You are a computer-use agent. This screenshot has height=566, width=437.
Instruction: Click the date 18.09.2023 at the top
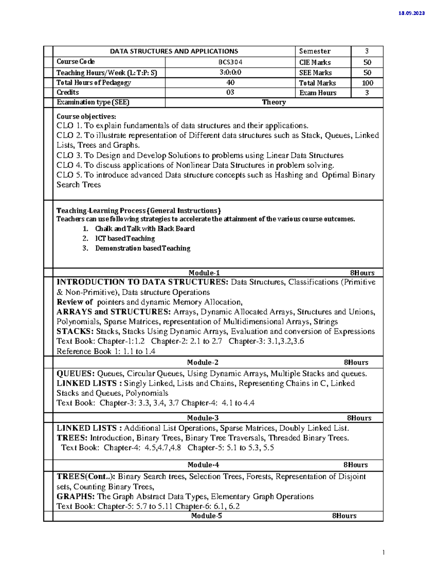412,13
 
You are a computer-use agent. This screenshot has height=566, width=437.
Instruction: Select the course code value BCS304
230,62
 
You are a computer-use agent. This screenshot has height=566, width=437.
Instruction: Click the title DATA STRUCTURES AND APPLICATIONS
174,51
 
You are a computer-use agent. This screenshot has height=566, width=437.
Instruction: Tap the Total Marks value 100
367,83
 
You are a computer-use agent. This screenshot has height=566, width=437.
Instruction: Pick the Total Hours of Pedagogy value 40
230,83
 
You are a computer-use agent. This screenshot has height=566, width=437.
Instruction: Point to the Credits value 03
230,93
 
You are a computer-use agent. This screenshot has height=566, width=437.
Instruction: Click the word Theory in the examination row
274,102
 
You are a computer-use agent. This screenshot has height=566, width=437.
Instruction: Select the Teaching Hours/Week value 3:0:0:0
230,73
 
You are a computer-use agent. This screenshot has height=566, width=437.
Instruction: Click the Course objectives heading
86,117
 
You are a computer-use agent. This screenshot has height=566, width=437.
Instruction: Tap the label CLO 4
69,165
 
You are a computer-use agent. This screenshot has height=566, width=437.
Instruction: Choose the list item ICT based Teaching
125,239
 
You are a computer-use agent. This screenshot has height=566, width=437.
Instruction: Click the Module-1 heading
204,273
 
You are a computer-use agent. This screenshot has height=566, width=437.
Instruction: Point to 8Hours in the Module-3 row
359,418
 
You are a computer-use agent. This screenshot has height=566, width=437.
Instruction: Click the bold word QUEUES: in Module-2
76,374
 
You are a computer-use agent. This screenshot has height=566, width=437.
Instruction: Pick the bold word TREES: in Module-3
72,438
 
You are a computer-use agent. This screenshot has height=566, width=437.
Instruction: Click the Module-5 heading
206,516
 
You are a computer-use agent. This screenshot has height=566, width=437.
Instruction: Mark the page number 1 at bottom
383,553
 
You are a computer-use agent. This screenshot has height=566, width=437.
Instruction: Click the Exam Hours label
318,93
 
